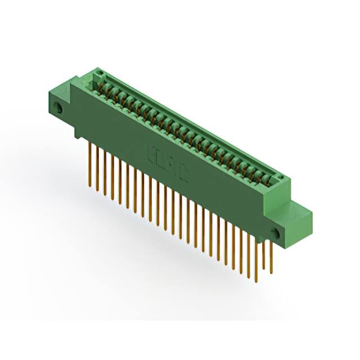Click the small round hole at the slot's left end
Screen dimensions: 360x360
click(96, 75)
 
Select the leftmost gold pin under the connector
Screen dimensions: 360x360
click(90, 163)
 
